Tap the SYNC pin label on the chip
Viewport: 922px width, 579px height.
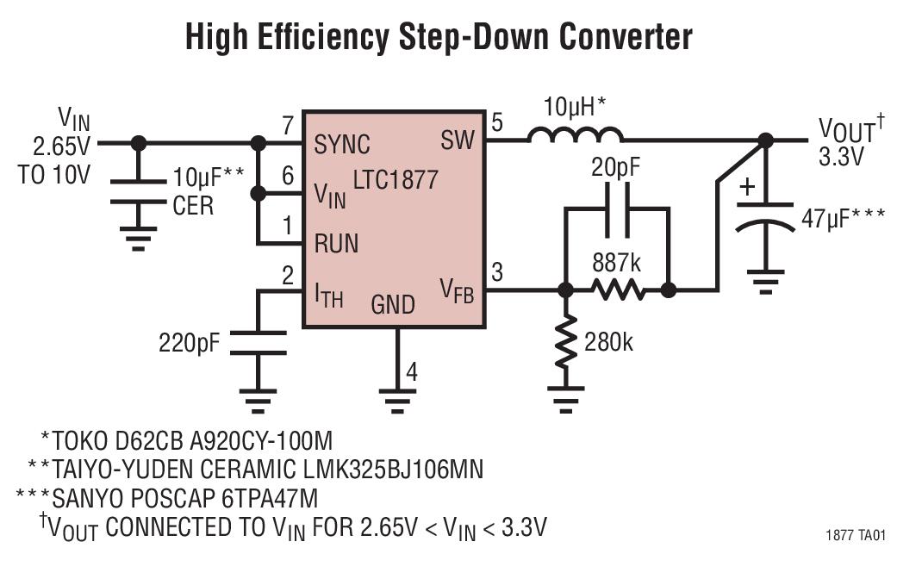click(x=342, y=144)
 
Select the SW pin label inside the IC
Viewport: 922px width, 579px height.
click(x=457, y=140)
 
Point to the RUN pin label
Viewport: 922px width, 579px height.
click(x=336, y=243)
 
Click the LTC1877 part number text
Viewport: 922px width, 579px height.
click(x=396, y=181)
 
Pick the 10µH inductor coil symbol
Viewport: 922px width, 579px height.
click(x=575, y=134)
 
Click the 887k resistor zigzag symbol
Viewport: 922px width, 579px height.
click(x=618, y=290)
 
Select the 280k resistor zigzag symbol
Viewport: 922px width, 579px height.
click(x=565, y=342)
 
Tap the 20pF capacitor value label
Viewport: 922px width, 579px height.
click(x=615, y=168)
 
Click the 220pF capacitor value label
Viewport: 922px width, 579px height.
click(x=189, y=343)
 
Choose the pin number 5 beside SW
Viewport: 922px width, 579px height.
click(x=497, y=122)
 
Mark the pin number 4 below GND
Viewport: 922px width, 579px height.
click(x=412, y=373)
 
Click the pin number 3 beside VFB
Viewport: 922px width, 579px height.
click(x=497, y=273)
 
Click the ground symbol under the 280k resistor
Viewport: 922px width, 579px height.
click(x=565, y=395)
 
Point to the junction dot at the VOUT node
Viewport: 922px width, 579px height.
click(x=764, y=140)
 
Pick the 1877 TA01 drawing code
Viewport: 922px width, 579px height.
click(x=855, y=536)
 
